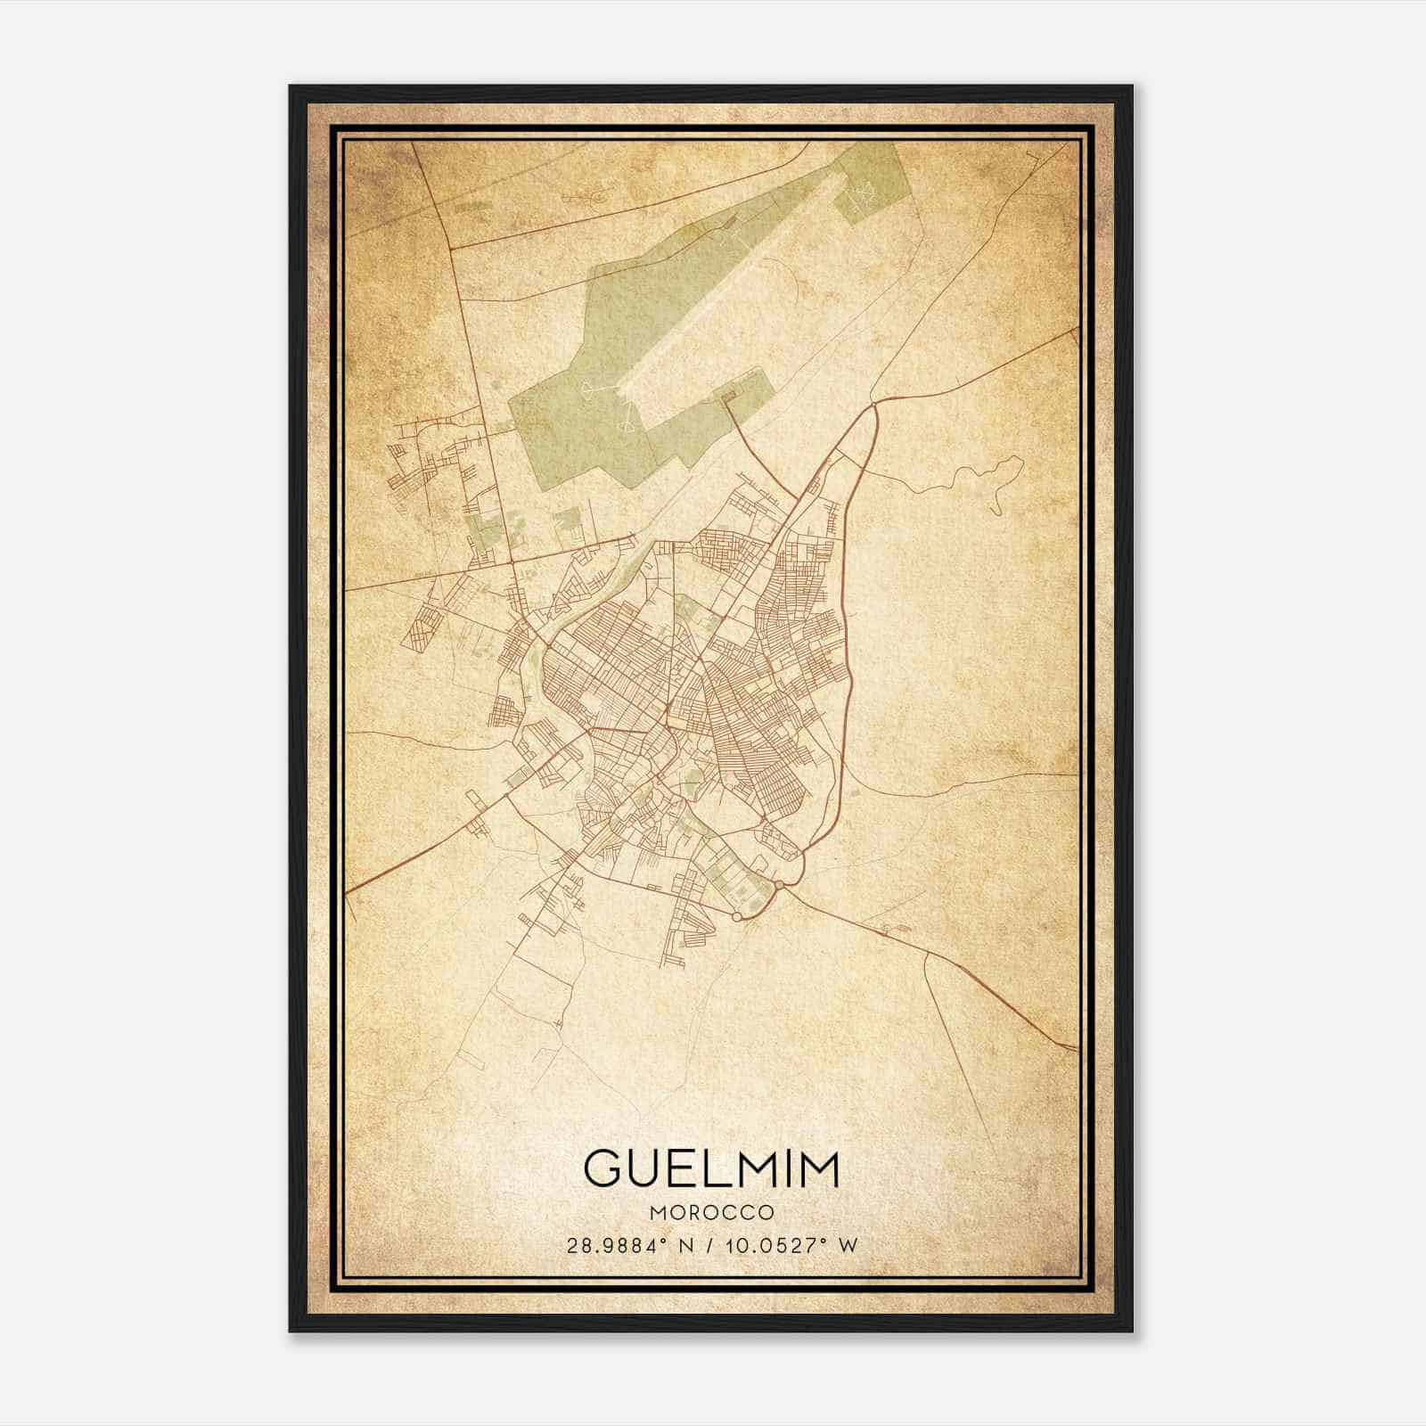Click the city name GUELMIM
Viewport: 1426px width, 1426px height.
(x=711, y=1168)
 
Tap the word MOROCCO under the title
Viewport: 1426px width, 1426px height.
(x=711, y=1212)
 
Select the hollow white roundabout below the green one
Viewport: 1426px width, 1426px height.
(x=736, y=915)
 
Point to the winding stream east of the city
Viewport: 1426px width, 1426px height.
(x=963, y=481)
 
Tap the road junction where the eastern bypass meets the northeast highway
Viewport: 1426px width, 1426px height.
(x=875, y=405)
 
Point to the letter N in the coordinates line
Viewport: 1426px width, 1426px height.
(x=684, y=1245)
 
